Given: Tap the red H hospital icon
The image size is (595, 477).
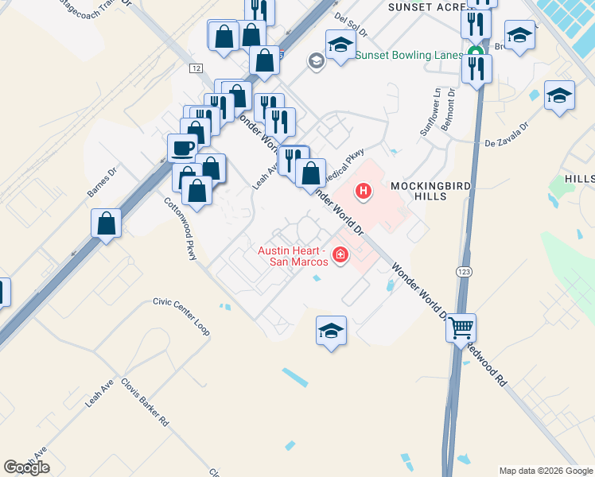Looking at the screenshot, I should pos(364,191).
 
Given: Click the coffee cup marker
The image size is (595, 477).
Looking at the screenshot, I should pos(182,148).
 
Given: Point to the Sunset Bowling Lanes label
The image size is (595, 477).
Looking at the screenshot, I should pos(409,56).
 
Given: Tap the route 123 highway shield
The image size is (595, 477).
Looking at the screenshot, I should pos(463,272).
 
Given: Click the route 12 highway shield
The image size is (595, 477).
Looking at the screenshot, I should pos(196,68).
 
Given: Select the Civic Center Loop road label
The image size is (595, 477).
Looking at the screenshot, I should pos(181,316).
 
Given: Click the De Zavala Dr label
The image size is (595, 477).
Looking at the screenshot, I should pos(507,135).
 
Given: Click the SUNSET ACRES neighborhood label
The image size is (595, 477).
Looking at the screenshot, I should pos(425,6).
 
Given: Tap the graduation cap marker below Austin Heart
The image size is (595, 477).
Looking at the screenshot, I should pos(332,332).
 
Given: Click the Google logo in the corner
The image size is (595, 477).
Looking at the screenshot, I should pos(26,467).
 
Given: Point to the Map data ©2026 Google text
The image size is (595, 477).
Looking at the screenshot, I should pos(546,471).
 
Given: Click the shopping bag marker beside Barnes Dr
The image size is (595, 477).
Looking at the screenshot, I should pos(106,224).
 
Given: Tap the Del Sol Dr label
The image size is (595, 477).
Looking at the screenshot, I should pos(351,25).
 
